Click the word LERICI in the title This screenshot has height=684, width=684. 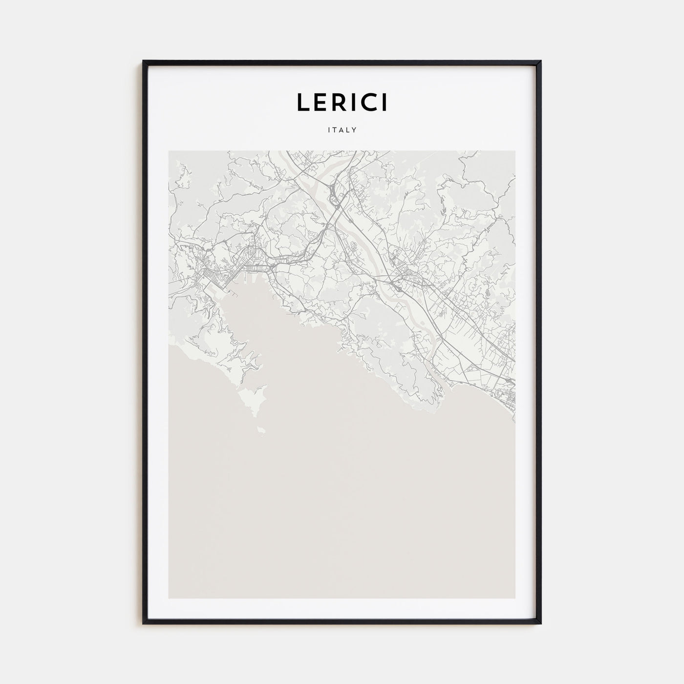tap(342, 102)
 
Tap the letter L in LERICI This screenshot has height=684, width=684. tap(302, 102)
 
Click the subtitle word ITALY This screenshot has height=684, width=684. tap(342, 130)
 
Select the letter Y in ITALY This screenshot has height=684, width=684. tap(355, 130)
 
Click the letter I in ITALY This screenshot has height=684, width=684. tap(329, 130)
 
